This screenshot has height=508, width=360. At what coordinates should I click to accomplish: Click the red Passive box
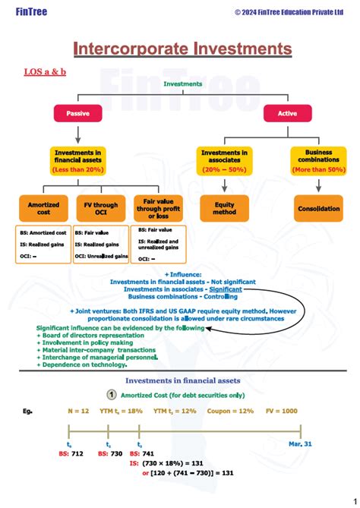(x=74, y=113)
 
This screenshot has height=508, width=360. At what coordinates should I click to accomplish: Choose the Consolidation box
(x=317, y=208)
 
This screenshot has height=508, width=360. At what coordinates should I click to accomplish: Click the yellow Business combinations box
(x=318, y=160)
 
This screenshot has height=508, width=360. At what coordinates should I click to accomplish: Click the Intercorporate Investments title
(x=182, y=49)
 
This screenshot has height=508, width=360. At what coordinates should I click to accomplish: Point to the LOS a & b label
(x=46, y=71)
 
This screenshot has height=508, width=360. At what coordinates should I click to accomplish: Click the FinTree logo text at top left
(x=28, y=11)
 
